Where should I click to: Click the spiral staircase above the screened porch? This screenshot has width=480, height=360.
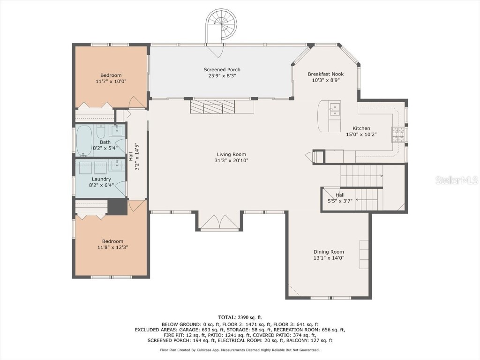[219, 21]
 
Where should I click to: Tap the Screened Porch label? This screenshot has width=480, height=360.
[222, 70]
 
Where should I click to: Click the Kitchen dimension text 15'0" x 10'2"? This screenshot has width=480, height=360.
[361, 135]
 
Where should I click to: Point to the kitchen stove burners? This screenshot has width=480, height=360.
[398, 135]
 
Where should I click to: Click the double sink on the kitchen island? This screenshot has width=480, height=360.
[335, 110]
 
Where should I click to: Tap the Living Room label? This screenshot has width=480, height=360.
[231, 154]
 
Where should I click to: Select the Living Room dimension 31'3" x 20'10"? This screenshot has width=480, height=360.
[231, 160]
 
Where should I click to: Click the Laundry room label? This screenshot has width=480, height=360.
[101, 179]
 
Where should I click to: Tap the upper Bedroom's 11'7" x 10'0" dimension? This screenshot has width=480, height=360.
[111, 81]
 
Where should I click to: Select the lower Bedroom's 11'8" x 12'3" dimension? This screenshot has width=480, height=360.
[112, 247]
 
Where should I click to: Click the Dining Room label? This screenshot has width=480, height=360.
[329, 252]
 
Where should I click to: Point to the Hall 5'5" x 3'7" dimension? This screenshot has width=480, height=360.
[340, 201]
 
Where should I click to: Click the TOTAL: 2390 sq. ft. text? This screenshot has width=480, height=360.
[240, 317]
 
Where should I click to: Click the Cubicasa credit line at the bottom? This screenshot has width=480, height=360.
[240, 350]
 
